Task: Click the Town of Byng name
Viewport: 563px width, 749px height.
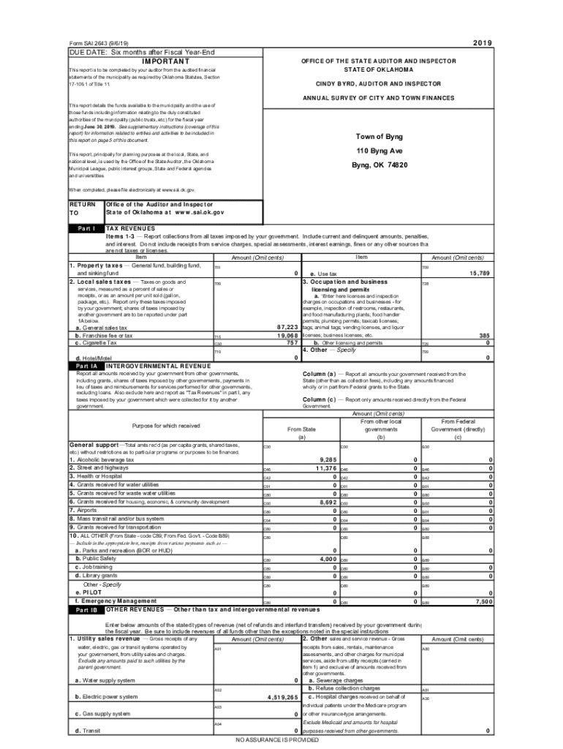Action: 379,137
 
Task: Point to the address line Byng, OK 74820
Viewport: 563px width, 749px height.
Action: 379,165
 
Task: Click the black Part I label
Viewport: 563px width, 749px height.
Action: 86,228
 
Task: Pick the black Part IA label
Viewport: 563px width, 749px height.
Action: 86,365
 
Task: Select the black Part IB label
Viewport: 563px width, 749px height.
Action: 86,609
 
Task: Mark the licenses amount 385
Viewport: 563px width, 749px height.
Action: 483,335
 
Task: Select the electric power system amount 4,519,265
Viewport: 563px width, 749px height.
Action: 277,697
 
